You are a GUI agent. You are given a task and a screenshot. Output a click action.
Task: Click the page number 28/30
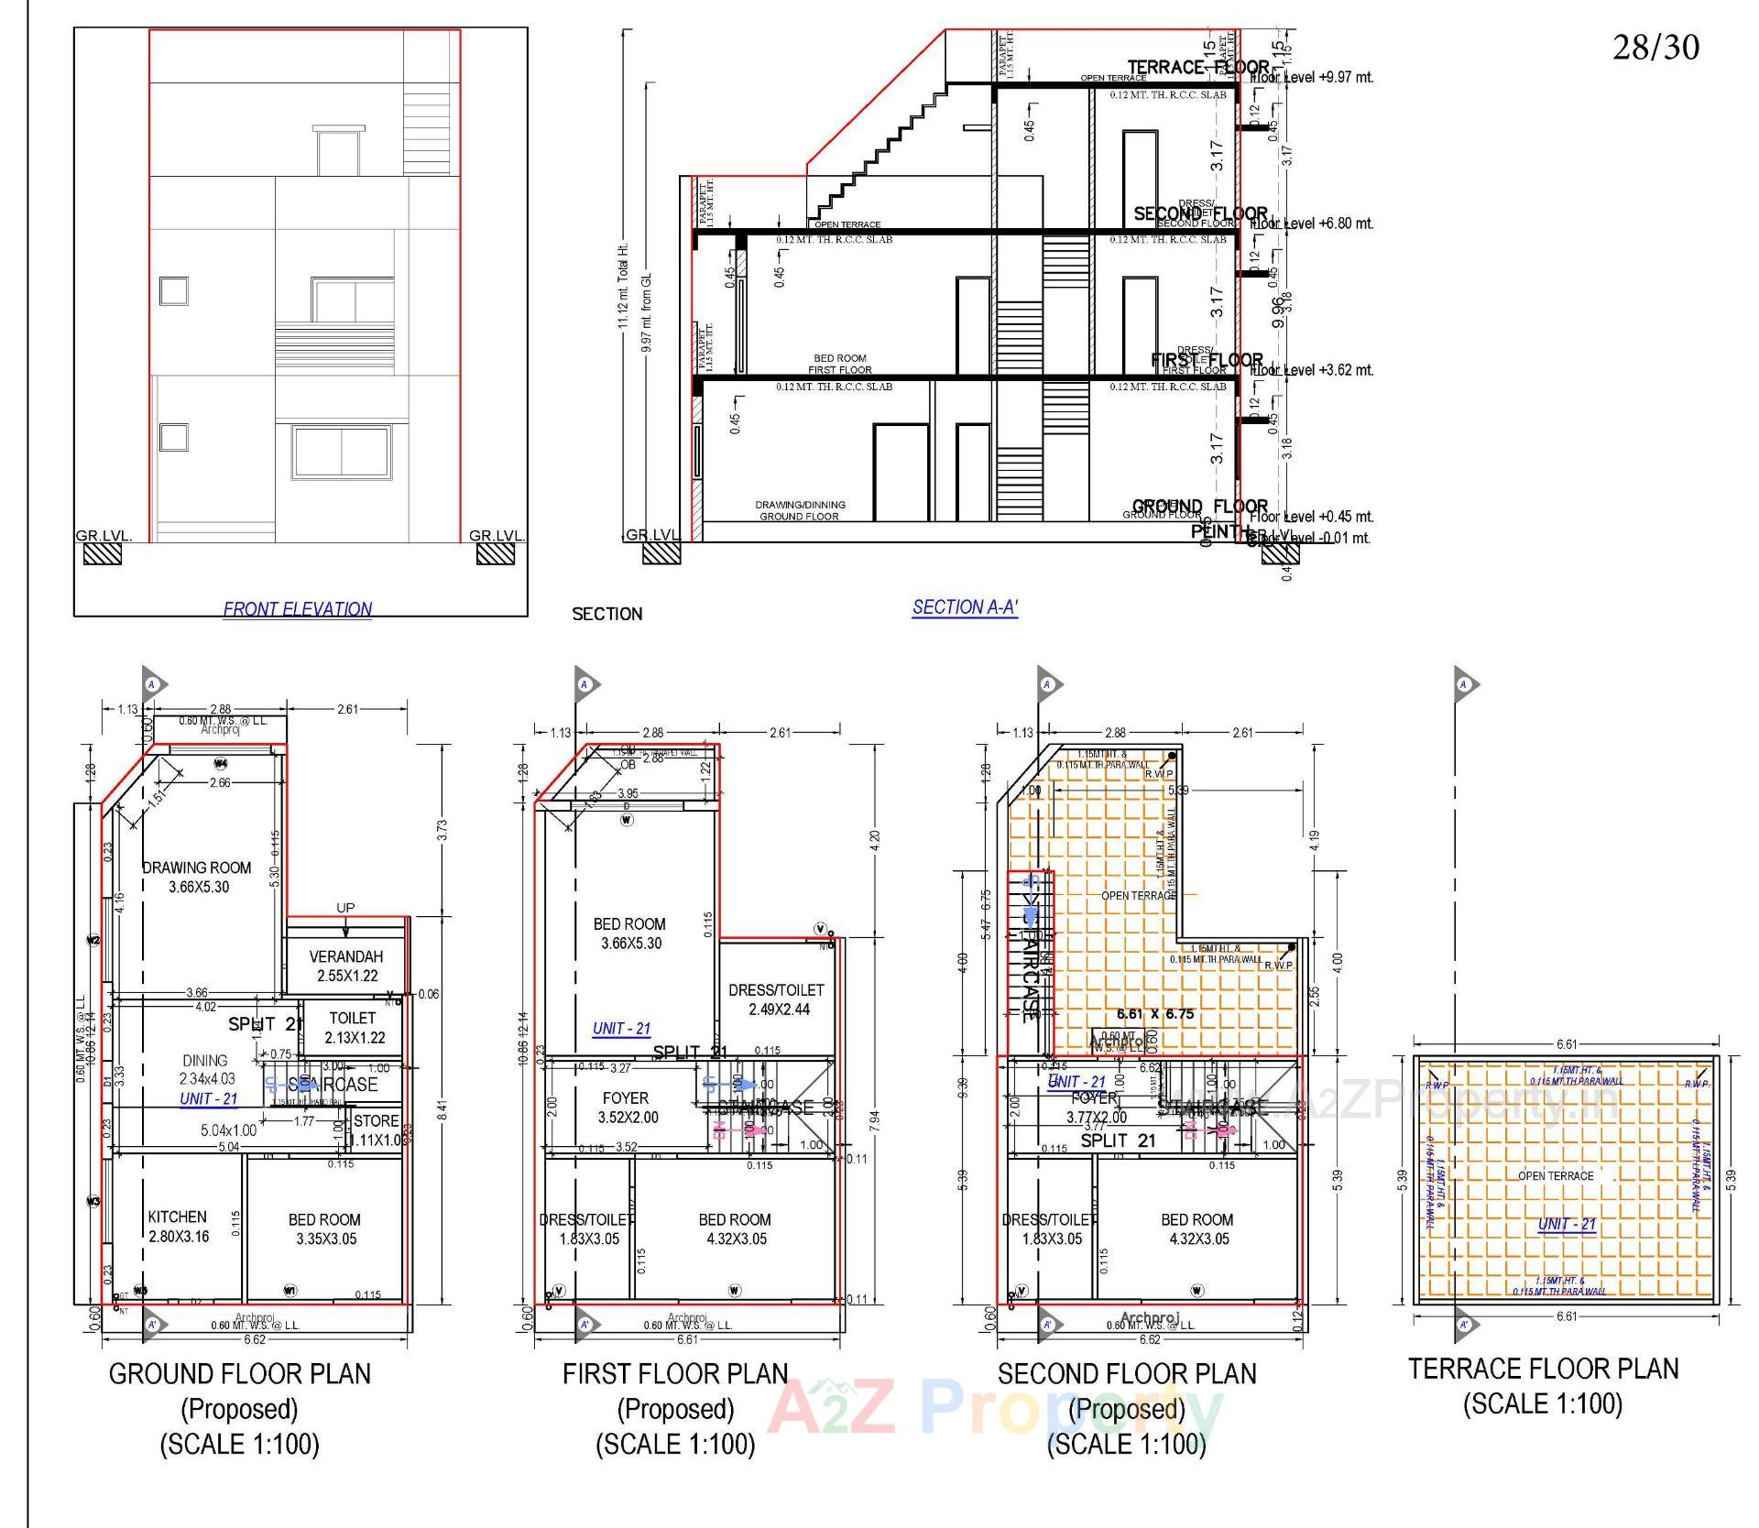coord(1655,48)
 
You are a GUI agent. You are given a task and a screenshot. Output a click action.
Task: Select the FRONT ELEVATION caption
coord(298,609)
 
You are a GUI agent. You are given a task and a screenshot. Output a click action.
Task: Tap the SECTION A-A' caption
coord(965,607)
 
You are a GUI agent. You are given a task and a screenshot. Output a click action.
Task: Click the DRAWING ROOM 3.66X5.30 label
coord(197,878)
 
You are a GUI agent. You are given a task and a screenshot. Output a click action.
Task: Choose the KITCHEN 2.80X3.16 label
coord(178,1227)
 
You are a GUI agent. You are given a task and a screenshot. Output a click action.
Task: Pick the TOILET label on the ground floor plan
coord(353,1018)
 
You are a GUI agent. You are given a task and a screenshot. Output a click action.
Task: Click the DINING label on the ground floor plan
coord(205,1061)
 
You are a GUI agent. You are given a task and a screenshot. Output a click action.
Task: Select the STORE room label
coord(376,1120)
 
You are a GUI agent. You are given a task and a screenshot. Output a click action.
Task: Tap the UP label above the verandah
coord(345,908)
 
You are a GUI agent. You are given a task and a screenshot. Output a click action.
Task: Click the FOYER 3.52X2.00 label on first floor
coord(627,1108)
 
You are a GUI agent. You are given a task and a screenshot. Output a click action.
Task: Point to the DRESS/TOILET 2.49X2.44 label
coord(776,999)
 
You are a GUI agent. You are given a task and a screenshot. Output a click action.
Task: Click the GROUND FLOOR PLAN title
coord(240,1374)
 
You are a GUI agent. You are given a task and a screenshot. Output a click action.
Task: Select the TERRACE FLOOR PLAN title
coord(1543,1369)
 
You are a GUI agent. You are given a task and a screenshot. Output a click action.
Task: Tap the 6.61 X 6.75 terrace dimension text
coord(1155,1014)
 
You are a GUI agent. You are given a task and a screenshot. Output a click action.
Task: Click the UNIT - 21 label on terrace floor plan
coord(1567,1224)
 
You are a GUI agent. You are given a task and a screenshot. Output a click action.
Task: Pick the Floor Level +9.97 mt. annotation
coord(1311,78)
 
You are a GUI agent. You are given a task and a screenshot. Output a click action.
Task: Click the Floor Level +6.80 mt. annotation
coord(1311,224)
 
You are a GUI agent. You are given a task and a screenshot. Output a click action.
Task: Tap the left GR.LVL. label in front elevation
coord(104,536)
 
